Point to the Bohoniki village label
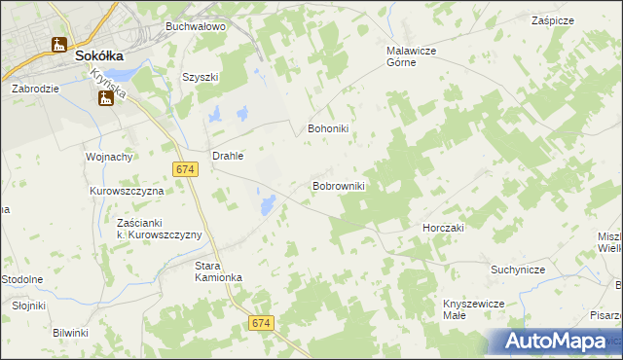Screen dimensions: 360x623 pyautogui.click(x=328, y=127)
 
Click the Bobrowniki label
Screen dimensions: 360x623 pyautogui.click(x=338, y=185)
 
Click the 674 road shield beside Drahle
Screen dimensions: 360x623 pyautogui.click(x=187, y=169)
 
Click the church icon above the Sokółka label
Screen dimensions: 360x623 pyautogui.click(x=59, y=44)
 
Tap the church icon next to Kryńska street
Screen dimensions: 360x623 pyautogui.click(x=100, y=96)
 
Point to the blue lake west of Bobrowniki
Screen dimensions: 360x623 pyautogui.click(x=264, y=203)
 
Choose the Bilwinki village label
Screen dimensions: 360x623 pyautogui.click(x=71, y=333)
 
